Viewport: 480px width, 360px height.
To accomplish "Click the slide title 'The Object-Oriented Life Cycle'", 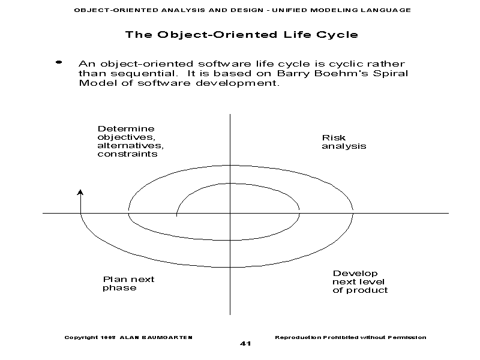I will pos(241,34).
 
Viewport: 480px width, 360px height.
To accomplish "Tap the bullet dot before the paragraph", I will pos(59,62).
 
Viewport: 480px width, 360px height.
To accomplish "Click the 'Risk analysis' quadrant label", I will pos(344,142).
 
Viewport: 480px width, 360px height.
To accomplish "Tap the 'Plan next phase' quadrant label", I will pos(128,283).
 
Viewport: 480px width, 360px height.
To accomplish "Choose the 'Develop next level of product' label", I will pos(360,281).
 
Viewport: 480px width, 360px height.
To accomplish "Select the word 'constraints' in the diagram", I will pos(127,154).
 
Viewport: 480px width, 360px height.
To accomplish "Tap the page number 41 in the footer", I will pos(245,344).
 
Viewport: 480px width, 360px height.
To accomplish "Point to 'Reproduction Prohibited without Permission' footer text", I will pos(350,337).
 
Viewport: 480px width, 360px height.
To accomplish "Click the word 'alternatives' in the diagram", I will pos(130,145).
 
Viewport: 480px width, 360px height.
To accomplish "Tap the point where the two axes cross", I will pos(230,212).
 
